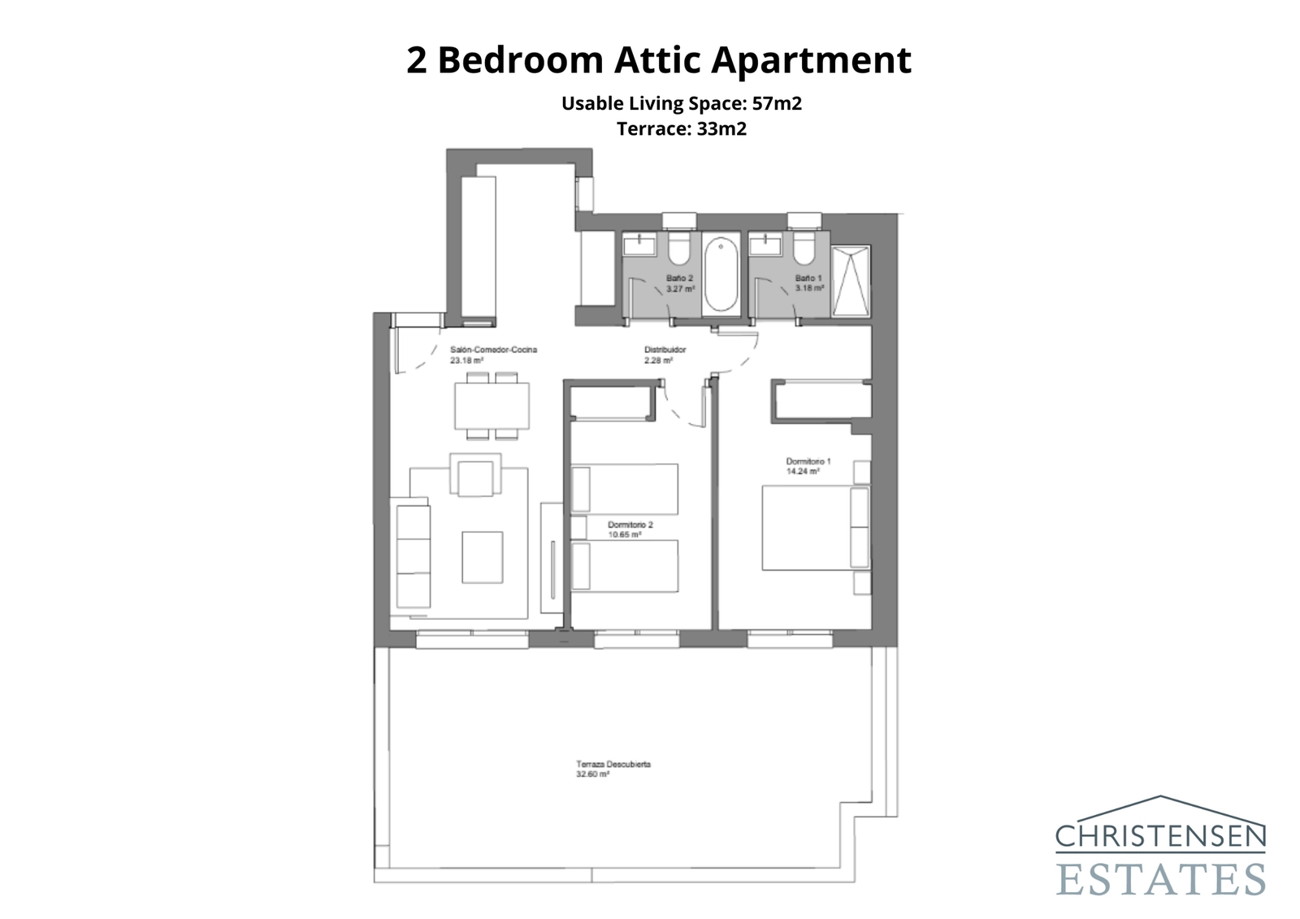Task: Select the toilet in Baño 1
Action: pos(804,249)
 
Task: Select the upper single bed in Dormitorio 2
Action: pos(625,489)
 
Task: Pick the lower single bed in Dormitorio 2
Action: pos(625,566)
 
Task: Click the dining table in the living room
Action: pos(492,405)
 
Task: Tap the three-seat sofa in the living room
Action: pos(413,554)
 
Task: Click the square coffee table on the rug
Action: pos(483,557)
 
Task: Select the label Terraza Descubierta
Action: pos(613,765)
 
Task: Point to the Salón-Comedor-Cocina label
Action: pos(493,350)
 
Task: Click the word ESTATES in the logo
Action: pos(1160,880)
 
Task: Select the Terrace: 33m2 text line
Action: pos(681,128)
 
